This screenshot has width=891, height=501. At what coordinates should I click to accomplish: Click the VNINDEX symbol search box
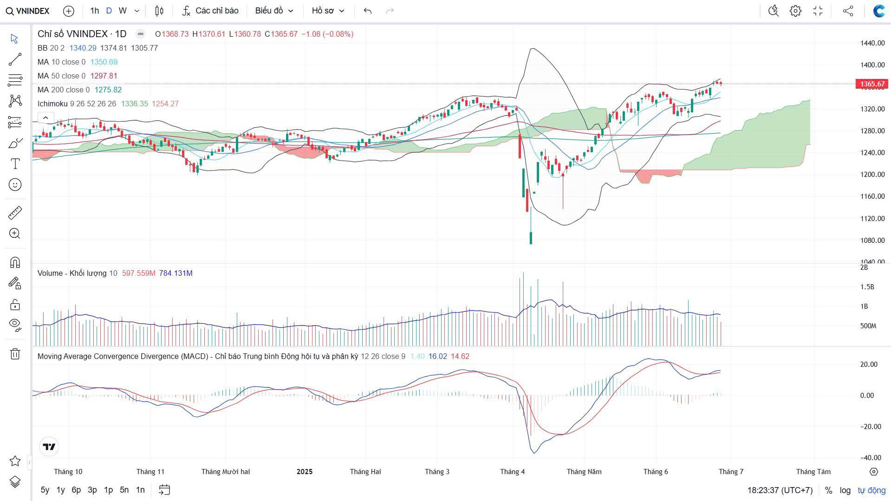[x=28, y=11]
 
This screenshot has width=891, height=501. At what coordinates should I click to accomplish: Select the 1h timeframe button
[x=95, y=11]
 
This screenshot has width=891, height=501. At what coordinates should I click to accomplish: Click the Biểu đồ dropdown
[x=274, y=11]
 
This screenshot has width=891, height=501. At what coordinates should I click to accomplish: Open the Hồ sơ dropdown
[x=328, y=11]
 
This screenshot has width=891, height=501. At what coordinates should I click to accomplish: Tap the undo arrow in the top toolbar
[x=368, y=11]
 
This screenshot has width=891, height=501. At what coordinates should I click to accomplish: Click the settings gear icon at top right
[x=795, y=11]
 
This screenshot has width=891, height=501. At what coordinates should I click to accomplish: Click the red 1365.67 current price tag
[x=872, y=84]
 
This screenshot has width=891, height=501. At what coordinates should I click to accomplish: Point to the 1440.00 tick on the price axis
[x=872, y=43]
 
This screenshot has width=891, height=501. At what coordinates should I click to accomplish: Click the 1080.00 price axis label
[x=872, y=240]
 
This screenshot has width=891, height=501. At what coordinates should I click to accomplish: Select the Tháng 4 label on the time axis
[x=512, y=471]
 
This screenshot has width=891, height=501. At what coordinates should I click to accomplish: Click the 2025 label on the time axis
[x=305, y=471]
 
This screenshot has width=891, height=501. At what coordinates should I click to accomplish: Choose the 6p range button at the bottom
[x=76, y=489]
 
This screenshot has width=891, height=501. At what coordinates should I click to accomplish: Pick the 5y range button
[x=45, y=489]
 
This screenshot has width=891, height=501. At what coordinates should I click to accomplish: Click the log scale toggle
[x=845, y=490]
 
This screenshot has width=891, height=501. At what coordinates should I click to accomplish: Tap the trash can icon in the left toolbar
[x=15, y=354]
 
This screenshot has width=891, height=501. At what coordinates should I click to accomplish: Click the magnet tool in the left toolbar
[x=15, y=263]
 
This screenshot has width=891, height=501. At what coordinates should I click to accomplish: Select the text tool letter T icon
[x=15, y=163]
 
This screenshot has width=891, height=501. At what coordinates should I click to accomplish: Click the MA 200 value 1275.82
[x=108, y=90]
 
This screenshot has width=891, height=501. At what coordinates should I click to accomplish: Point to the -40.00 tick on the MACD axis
[x=870, y=457]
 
